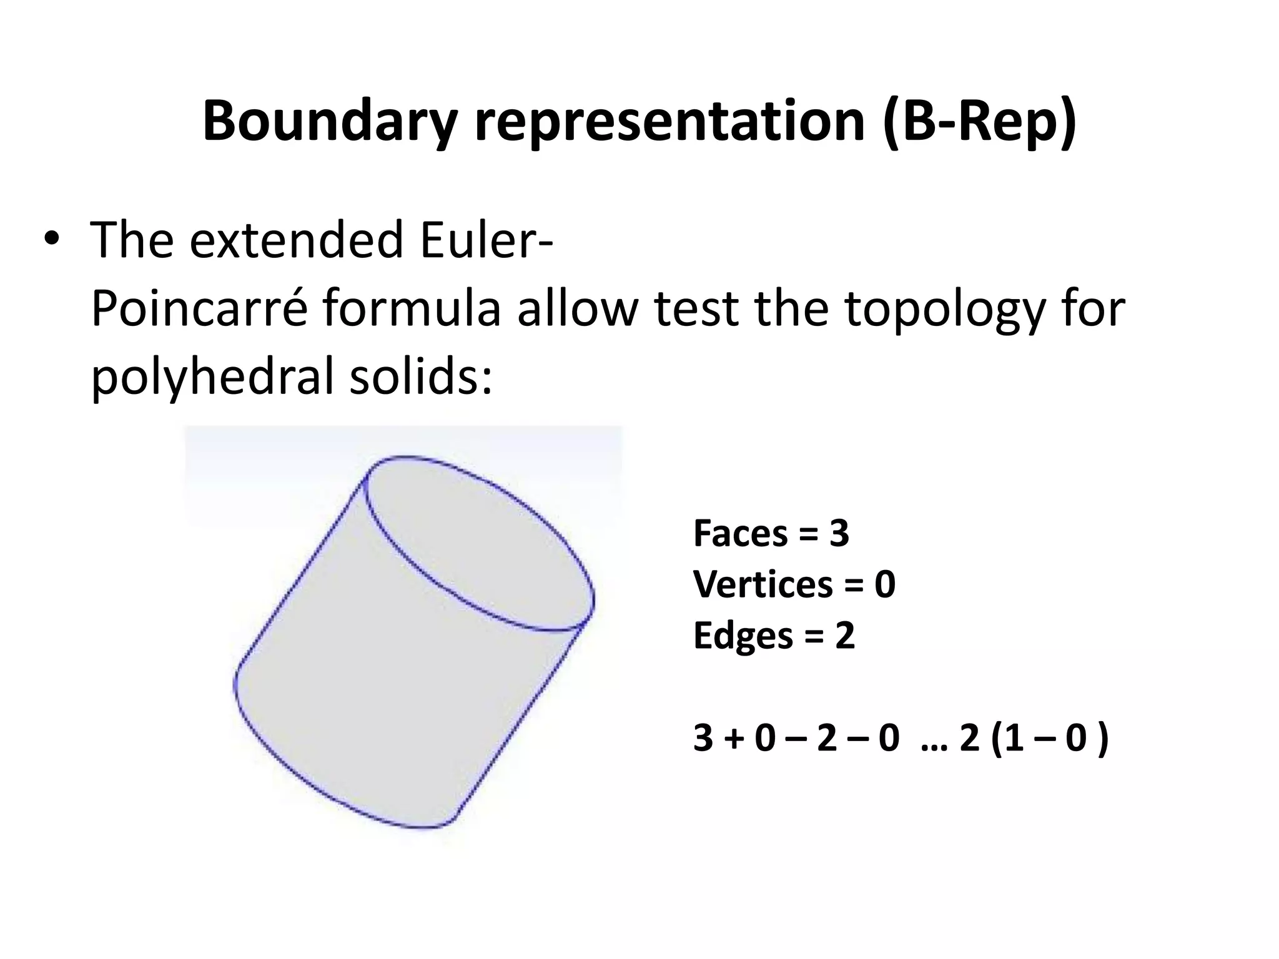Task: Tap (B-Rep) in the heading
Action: [980, 122]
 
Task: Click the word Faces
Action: [741, 534]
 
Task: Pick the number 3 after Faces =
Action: [839, 534]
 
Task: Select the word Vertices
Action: [763, 585]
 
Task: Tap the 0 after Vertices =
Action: [885, 585]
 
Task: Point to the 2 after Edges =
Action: [844, 636]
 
